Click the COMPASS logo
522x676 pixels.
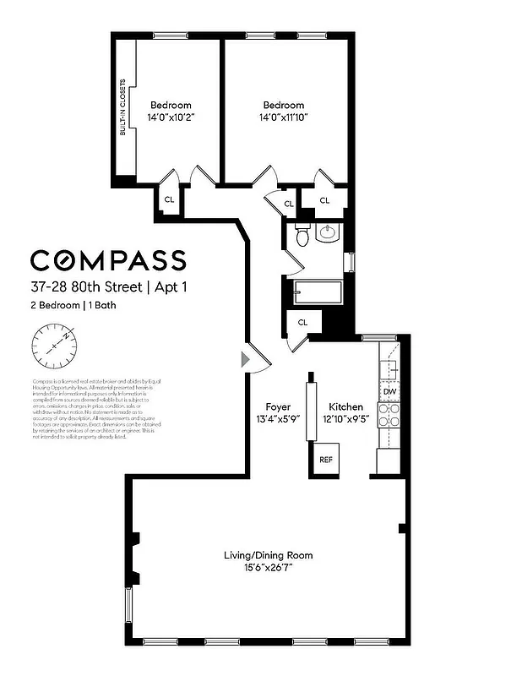108,259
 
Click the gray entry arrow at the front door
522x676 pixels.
246,360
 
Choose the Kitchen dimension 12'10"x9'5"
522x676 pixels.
345,419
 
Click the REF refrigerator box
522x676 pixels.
325,460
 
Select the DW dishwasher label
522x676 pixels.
389,392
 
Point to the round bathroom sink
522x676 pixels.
327,233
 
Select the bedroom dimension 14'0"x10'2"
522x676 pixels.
171,118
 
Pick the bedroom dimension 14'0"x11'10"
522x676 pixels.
283,118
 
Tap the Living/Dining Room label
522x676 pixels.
268,555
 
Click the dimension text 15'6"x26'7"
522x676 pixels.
268,567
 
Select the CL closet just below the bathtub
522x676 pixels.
302,323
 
